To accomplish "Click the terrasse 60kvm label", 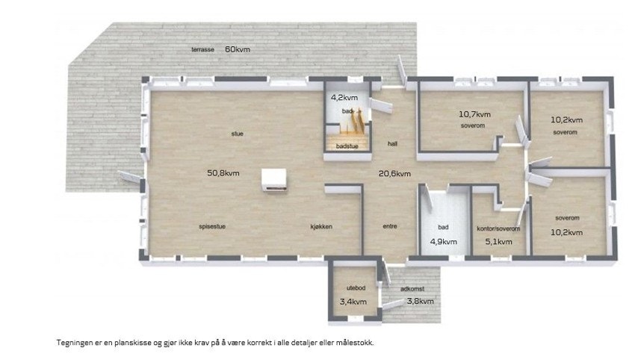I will (220, 49).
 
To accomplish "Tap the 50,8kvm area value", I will (223, 173).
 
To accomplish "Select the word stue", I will (237, 134).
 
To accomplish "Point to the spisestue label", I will (213, 226).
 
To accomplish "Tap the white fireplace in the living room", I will (273, 180).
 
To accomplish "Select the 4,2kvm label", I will (344, 97).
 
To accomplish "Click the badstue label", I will (347, 146).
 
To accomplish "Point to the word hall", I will (391, 143).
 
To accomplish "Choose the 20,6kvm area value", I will (394, 173).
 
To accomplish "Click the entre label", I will (390, 226).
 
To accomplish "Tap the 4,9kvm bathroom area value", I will (443, 242).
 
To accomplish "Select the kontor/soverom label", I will (498, 229).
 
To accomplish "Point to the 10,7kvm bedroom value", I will (474, 115).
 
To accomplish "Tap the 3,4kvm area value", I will (353, 302).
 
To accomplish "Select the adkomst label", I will (413, 288).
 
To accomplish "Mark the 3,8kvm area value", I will (419, 302).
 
